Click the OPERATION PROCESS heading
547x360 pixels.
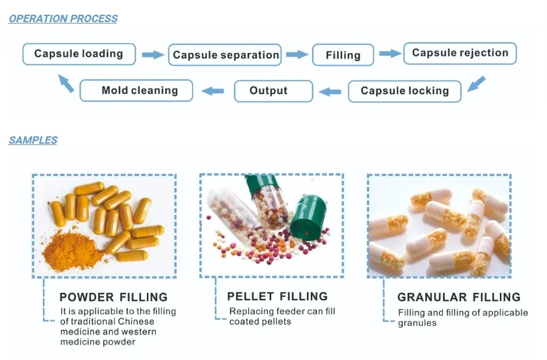[x=63, y=19]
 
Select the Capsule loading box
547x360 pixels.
[x=79, y=54]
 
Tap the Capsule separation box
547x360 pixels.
[x=226, y=55]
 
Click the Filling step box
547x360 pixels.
[x=343, y=55]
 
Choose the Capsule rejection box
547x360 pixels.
[x=460, y=53]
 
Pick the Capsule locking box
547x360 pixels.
[x=404, y=91]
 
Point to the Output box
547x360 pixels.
[x=268, y=91]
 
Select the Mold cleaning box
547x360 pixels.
[x=140, y=91]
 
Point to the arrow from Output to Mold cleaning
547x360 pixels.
[x=213, y=91]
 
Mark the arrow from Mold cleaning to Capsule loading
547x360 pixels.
[x=66, y=83]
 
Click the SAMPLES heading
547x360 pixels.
[x=33, y=140]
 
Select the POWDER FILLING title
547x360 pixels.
[x=113, y=297]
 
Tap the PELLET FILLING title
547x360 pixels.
[x=277, y=296]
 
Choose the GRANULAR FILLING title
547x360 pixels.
[x=458, y=297]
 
